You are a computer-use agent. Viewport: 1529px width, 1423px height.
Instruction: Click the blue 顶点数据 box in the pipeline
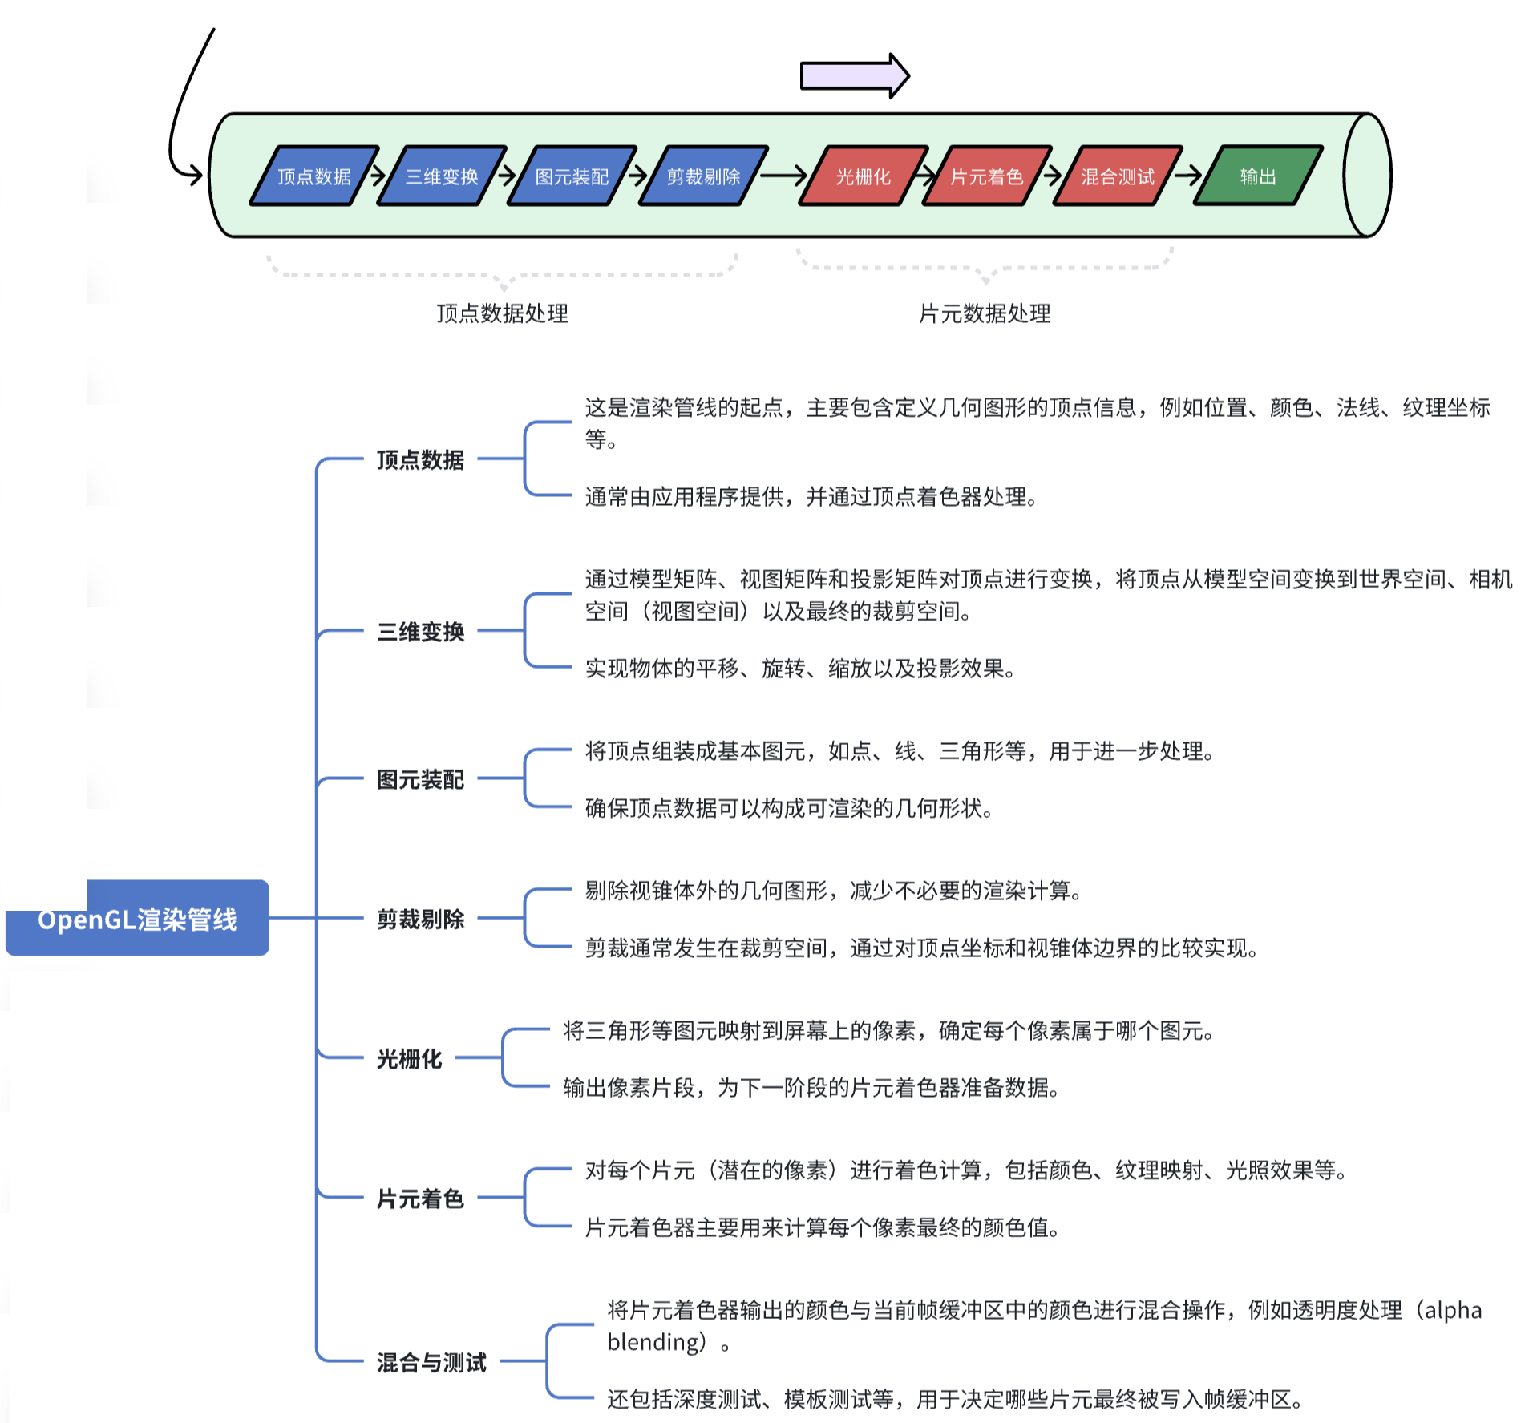[313, 176]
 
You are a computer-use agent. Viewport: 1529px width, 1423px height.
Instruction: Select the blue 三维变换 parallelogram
[442, 176]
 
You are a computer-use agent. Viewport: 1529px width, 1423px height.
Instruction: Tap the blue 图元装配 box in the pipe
[572, 176]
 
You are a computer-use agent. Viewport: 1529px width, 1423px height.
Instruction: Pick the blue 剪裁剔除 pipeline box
[703, 176]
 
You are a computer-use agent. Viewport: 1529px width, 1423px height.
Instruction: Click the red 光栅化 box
[863, 176]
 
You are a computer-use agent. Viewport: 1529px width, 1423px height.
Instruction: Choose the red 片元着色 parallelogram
[986, 176]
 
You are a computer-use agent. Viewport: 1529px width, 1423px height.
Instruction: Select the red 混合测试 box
[1117, 176]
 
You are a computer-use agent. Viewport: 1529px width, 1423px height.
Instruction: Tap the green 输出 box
[1257, 176]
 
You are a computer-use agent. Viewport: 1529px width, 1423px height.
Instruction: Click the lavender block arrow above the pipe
[853, 76]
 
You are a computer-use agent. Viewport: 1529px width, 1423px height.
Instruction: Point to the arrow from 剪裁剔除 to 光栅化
[782, 175]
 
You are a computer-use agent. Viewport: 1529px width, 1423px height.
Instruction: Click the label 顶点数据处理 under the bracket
[502, 313]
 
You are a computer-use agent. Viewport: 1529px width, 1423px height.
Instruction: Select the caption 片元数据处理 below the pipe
[984, 313]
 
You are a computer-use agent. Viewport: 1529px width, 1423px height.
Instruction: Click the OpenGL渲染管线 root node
[137, 919]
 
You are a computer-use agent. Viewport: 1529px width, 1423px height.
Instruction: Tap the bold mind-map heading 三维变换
[420, 632]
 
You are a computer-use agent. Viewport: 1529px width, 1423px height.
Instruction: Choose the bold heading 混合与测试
[431, 1362]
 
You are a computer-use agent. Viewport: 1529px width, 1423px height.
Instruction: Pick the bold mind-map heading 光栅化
[409, 1059]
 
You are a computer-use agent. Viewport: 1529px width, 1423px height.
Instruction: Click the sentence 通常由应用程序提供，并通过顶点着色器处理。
[811, 497]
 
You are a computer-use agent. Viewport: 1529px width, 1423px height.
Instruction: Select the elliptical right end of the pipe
[1367, 175]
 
